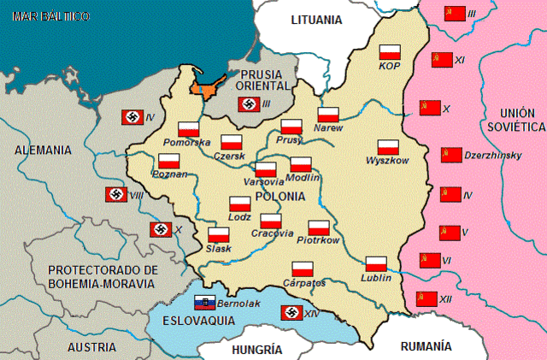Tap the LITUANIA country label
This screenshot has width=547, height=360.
(316, 20)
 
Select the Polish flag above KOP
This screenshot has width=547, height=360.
(390, 50)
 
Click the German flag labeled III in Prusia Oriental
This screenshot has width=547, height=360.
(248, 104)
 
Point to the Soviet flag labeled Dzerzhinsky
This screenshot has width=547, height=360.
(450, 155)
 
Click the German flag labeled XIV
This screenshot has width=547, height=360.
(292, 313)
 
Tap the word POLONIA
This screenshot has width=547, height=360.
(279, 196)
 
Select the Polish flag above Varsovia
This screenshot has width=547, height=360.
(266, 169)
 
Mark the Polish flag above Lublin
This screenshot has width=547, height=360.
(376, 263)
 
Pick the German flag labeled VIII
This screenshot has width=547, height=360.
(116, 194)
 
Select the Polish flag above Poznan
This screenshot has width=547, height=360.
(168, 161)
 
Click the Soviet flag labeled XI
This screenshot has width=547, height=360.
(441, 59)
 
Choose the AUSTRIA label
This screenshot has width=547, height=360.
(91, 347)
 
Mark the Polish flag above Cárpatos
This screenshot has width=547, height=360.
(303, 269)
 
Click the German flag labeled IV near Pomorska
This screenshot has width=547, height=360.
(132, 117)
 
